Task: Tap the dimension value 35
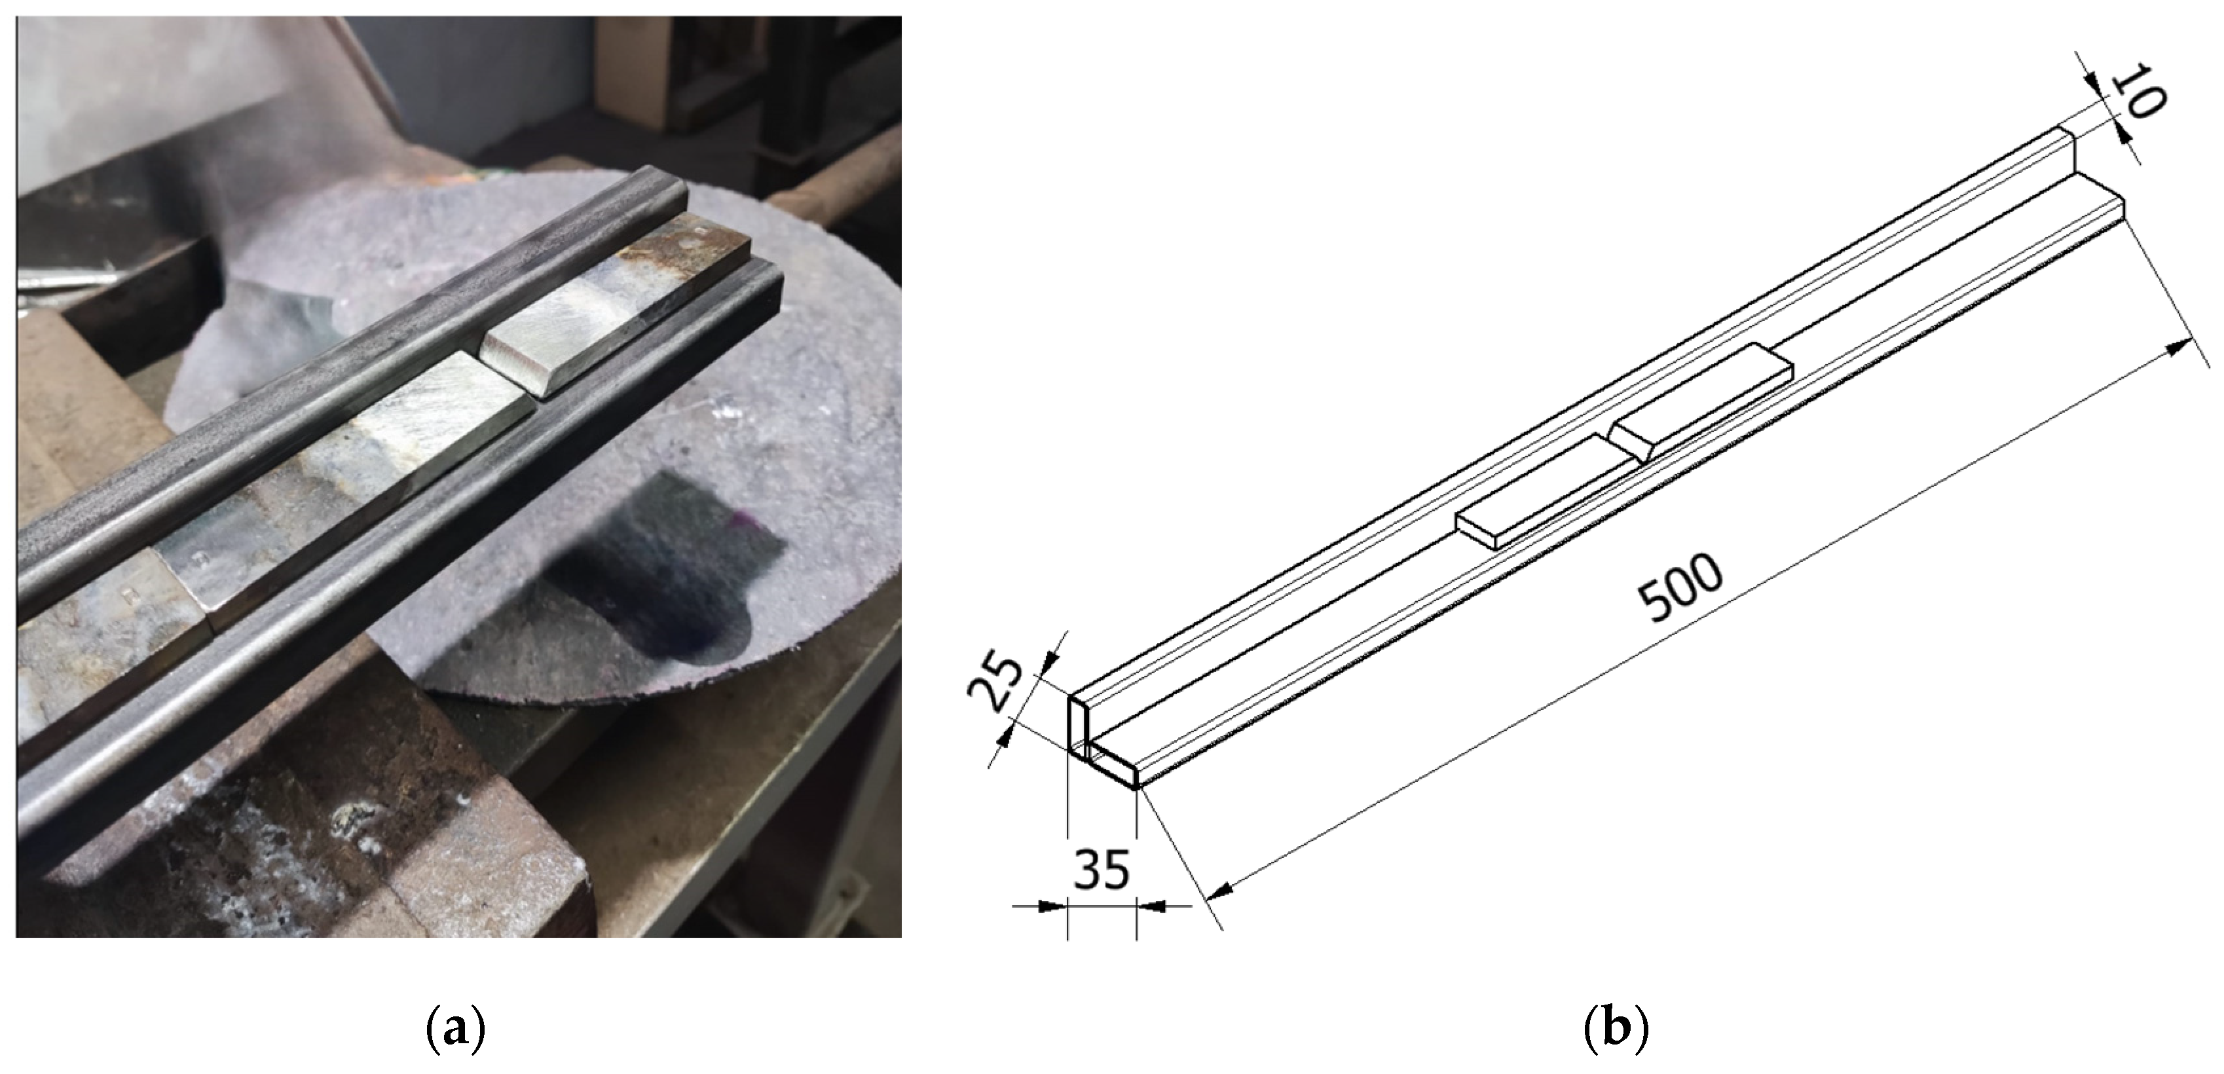(1102, 870)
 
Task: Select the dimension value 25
(995, 681)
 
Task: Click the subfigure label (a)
(456, 1029)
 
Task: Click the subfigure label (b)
(1617, 1029)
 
